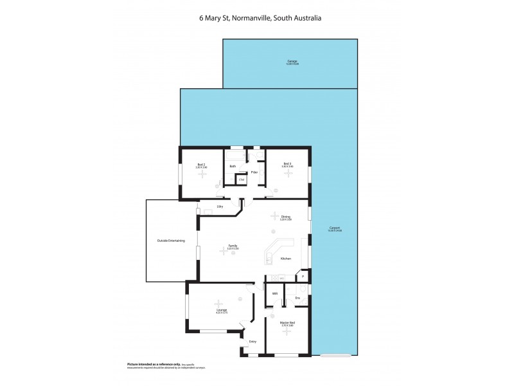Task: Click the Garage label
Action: [x=292, y=62]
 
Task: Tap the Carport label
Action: [x=335, y=228]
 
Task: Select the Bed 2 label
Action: [x=201, y=165]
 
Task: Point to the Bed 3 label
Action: [x=288, y=165]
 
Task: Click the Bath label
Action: [x=233, y=167]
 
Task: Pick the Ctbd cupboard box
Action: [x=242, y=179]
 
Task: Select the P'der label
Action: [x=254, y=172]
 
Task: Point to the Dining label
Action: [x=286, y=217]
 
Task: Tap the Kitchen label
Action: [x=286, y=259]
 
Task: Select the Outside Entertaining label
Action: [x=171, y=241]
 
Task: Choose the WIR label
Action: [x=274, y=293]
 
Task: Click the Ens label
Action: [x=297, y=298]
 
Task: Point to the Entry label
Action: [x=253, y=342]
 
